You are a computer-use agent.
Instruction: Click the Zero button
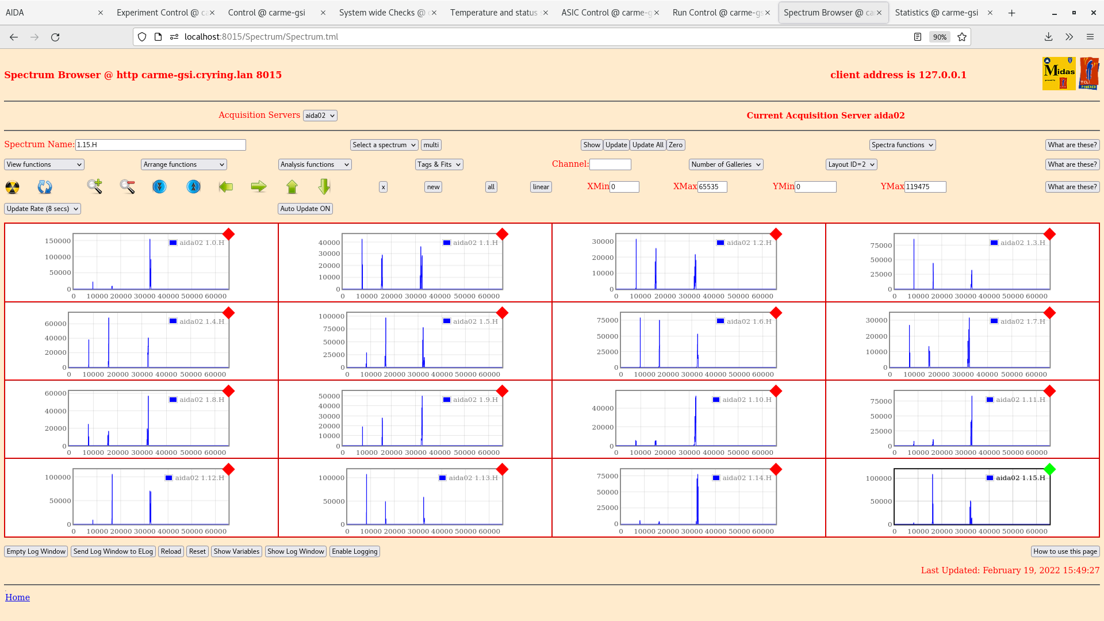click(x=676, y=145)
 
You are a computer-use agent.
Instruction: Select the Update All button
click(x=647, y=145)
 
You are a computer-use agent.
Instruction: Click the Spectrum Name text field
click(x=160, y=145)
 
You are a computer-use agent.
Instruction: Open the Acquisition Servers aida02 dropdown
click(x=320, y=116)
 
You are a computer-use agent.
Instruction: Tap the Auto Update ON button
click(x=305, y=209)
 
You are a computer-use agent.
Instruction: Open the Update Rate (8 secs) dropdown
click(x=43, y=209)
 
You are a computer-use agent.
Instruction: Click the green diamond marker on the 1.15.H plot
click(x=1049, y=469)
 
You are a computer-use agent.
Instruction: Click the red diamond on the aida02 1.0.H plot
click(x=228, y=234)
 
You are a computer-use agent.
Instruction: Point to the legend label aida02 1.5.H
click(x=475, y=321)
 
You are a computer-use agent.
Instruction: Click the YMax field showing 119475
click(x=925, y=187)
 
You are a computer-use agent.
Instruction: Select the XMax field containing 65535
click(x=712, y=187)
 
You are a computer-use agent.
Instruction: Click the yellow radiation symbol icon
click(x=12, y=187)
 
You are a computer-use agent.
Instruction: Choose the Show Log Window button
click(x=296, y=551)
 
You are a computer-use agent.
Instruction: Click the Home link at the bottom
click(x=17, y=597)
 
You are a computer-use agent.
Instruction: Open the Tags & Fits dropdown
click(x=439, y=164)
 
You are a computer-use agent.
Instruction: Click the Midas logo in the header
click(x=1059, y=74)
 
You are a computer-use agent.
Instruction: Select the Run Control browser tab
click(x=717, y=13)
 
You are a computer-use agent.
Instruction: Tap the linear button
click(x=540, y=187)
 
